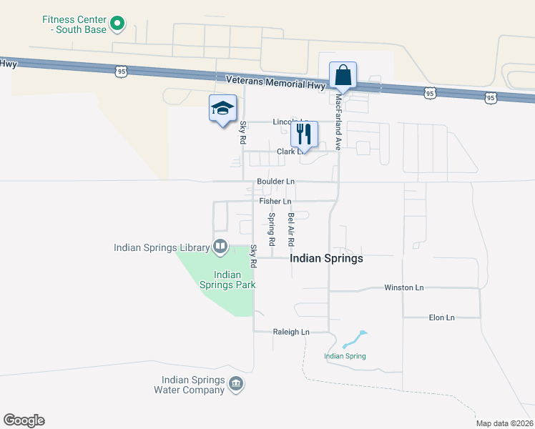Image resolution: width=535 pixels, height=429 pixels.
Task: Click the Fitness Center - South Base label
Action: [74, 24]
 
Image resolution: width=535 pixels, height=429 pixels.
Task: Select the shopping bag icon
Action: [343, 75]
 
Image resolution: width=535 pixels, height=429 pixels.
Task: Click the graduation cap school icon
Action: [222, 108]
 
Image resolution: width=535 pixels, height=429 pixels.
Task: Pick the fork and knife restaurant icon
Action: [304, 134]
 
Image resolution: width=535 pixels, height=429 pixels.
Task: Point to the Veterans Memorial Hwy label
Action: [276, 82]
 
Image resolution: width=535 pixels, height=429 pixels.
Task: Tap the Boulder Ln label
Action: [276, 182]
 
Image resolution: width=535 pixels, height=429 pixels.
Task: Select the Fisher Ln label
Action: [275, 202]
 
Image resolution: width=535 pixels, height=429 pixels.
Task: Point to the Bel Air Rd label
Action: [291, 226]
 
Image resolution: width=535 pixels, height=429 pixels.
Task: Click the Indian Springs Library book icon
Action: [220, 247]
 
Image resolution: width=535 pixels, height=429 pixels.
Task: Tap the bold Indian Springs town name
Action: [327, 259]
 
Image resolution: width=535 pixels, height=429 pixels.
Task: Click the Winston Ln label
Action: [404, 287]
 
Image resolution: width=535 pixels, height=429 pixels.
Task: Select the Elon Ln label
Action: [441, 317]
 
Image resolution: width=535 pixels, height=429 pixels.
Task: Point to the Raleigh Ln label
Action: [291, 332]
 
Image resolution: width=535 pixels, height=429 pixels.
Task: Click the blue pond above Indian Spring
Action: [353, 339]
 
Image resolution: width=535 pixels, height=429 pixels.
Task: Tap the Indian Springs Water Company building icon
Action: [235, 385]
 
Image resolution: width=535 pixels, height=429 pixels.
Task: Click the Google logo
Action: [24, 420]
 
